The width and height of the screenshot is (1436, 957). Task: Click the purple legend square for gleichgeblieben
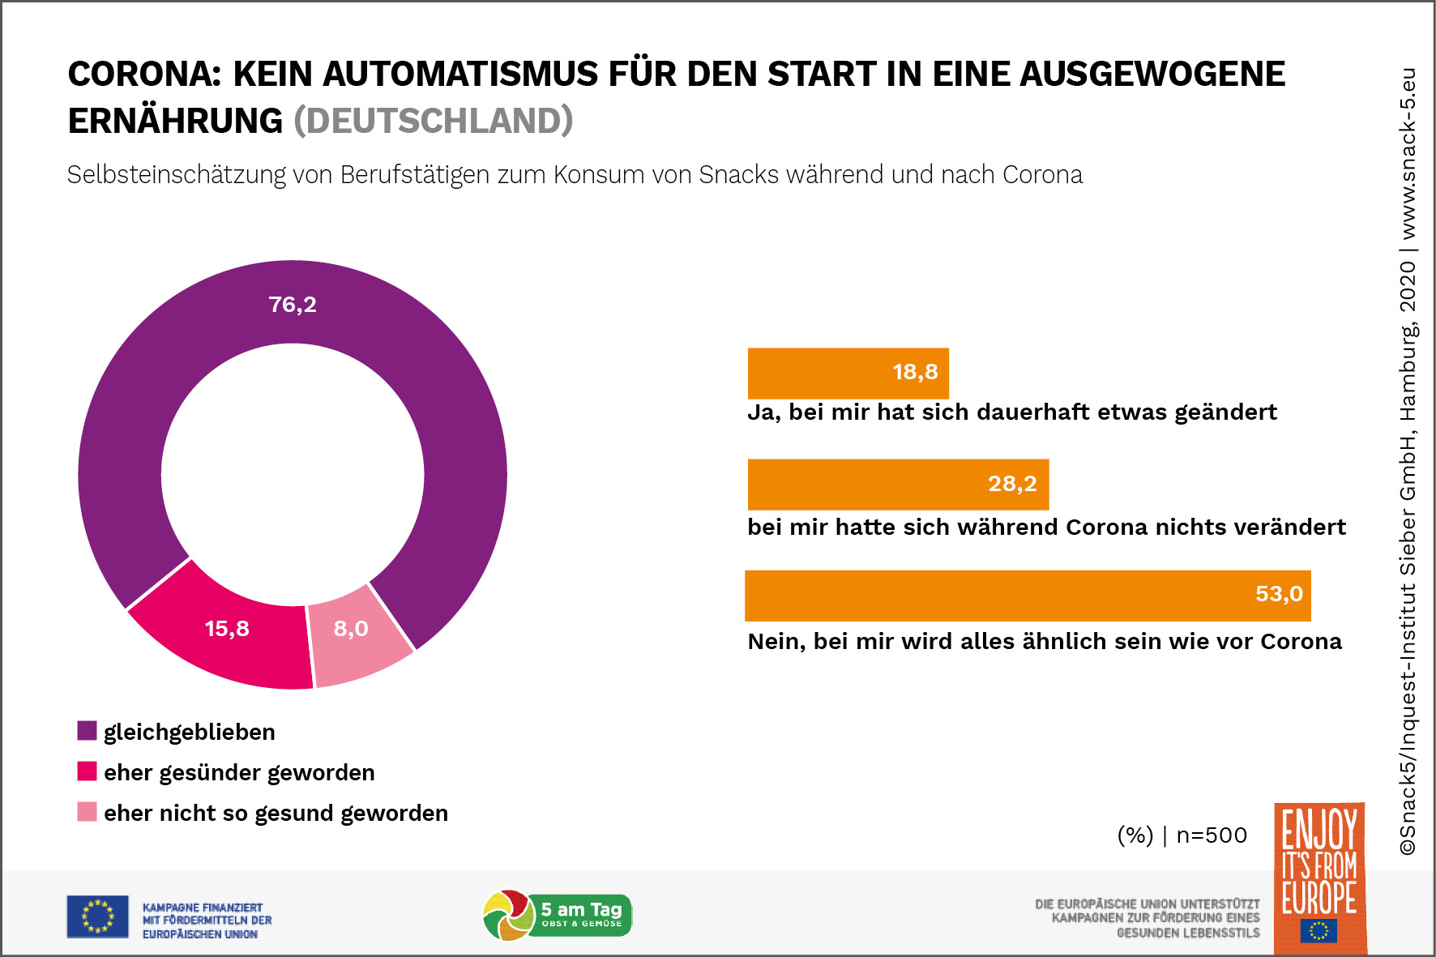[87, 731]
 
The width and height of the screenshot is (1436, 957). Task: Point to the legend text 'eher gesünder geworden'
[239, 772]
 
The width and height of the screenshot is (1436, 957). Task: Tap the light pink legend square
[87, 812]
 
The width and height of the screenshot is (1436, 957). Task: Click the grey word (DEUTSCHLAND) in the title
[433, 121]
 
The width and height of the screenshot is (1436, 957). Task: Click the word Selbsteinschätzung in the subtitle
[176, 175]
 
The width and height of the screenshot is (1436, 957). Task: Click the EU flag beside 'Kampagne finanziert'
[97, 916]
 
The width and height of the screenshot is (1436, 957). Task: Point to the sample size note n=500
[1211, 835]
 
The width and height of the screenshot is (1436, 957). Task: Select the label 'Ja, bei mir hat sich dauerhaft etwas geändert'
[1011, 412]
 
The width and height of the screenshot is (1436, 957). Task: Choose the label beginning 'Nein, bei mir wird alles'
[1044, 642]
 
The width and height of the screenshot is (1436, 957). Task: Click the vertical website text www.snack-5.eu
[1408, 154]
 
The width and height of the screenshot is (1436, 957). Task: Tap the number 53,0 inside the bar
[1279, 594]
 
